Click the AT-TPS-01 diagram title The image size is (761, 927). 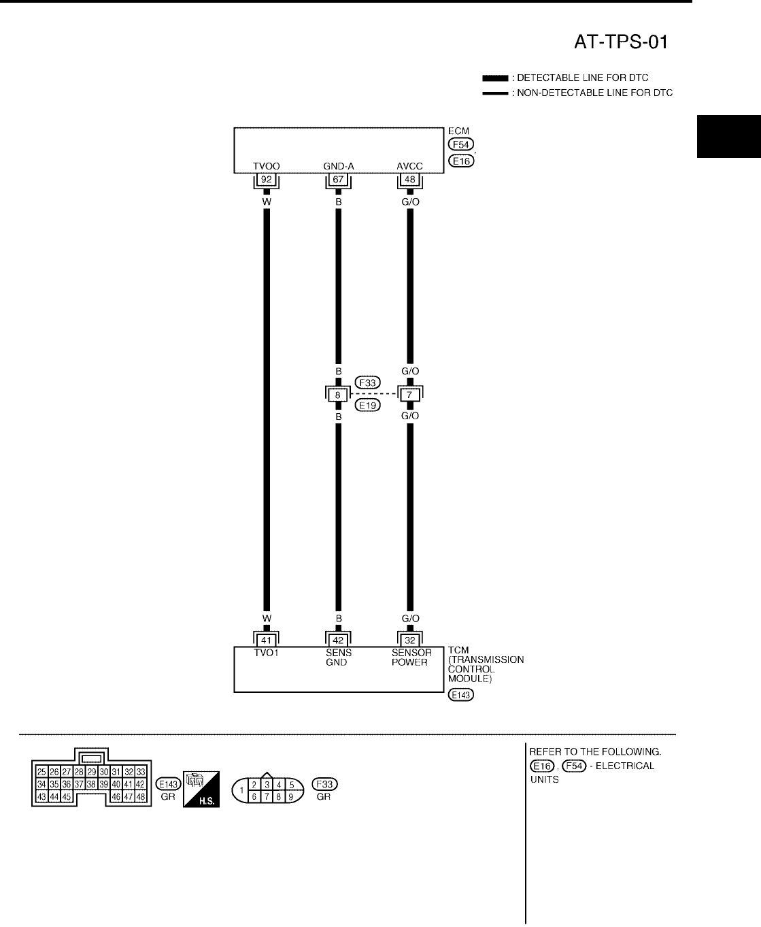point(618,43)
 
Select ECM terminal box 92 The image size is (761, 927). point(267,180)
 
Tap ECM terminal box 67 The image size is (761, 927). point(338,180)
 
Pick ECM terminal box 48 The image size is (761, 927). point(409,180)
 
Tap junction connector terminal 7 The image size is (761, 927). point(409,394)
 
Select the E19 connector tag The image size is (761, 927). point(368,405)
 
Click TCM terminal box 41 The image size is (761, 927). point(267,640)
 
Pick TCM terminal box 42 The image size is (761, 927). point(338,640)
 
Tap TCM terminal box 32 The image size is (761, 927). point(409,640)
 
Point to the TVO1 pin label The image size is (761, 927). point(267,653)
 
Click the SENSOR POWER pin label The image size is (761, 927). point(411,657)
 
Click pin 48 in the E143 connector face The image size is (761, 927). point(140,796)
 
